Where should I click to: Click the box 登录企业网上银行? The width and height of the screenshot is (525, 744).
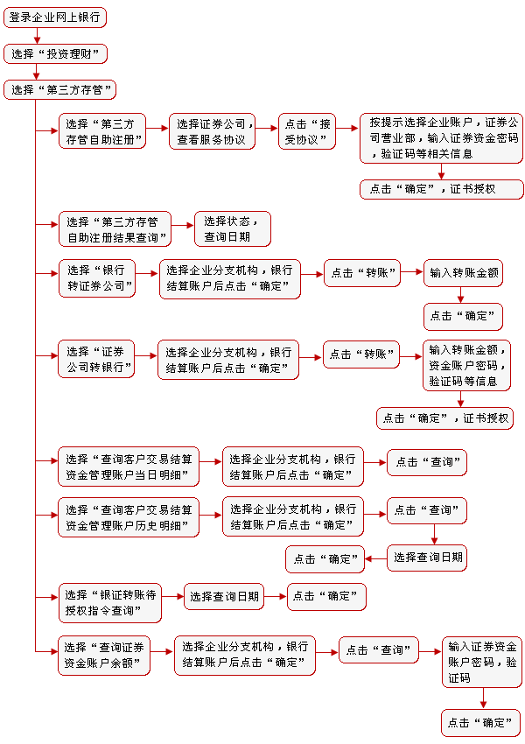[x=55, y=18]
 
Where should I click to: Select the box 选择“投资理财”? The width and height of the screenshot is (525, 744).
[x=55, y=53]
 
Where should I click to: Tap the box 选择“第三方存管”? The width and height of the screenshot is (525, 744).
[x=59, y=89]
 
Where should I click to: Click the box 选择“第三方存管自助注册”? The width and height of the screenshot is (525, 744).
[x=102, y=131]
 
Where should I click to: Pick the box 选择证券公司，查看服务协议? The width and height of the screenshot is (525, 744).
[x=212, y=131]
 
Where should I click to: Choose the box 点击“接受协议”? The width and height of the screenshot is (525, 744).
[x=307, y=131]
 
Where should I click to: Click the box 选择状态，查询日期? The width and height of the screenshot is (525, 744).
[x=233, y=228]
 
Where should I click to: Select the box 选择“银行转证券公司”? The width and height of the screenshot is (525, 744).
[x=97, y=278]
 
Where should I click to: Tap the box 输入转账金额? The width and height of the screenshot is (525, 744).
[x=463, y=273]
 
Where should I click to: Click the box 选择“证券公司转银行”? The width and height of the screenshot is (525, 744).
[x=96, y=359]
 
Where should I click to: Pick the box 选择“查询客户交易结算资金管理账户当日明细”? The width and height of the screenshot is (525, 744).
[x=129, y=467]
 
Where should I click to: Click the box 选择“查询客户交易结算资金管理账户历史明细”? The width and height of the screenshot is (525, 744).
[x=129, y=517]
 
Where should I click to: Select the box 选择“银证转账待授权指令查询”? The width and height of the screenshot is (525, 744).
[x=110, y=602]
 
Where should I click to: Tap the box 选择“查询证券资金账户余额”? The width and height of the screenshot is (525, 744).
[x=104, y=656]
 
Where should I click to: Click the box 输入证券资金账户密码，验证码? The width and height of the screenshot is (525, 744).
[x=482, y=662]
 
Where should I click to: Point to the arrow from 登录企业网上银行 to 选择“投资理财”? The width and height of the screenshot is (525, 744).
[x=37, y=36]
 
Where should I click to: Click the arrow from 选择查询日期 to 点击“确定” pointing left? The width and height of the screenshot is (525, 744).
[x=375, y=558]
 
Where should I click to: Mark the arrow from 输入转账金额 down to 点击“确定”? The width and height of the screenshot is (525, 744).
[x=460, y=295]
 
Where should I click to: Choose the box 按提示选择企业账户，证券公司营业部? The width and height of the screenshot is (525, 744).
[x=441, y=138]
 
